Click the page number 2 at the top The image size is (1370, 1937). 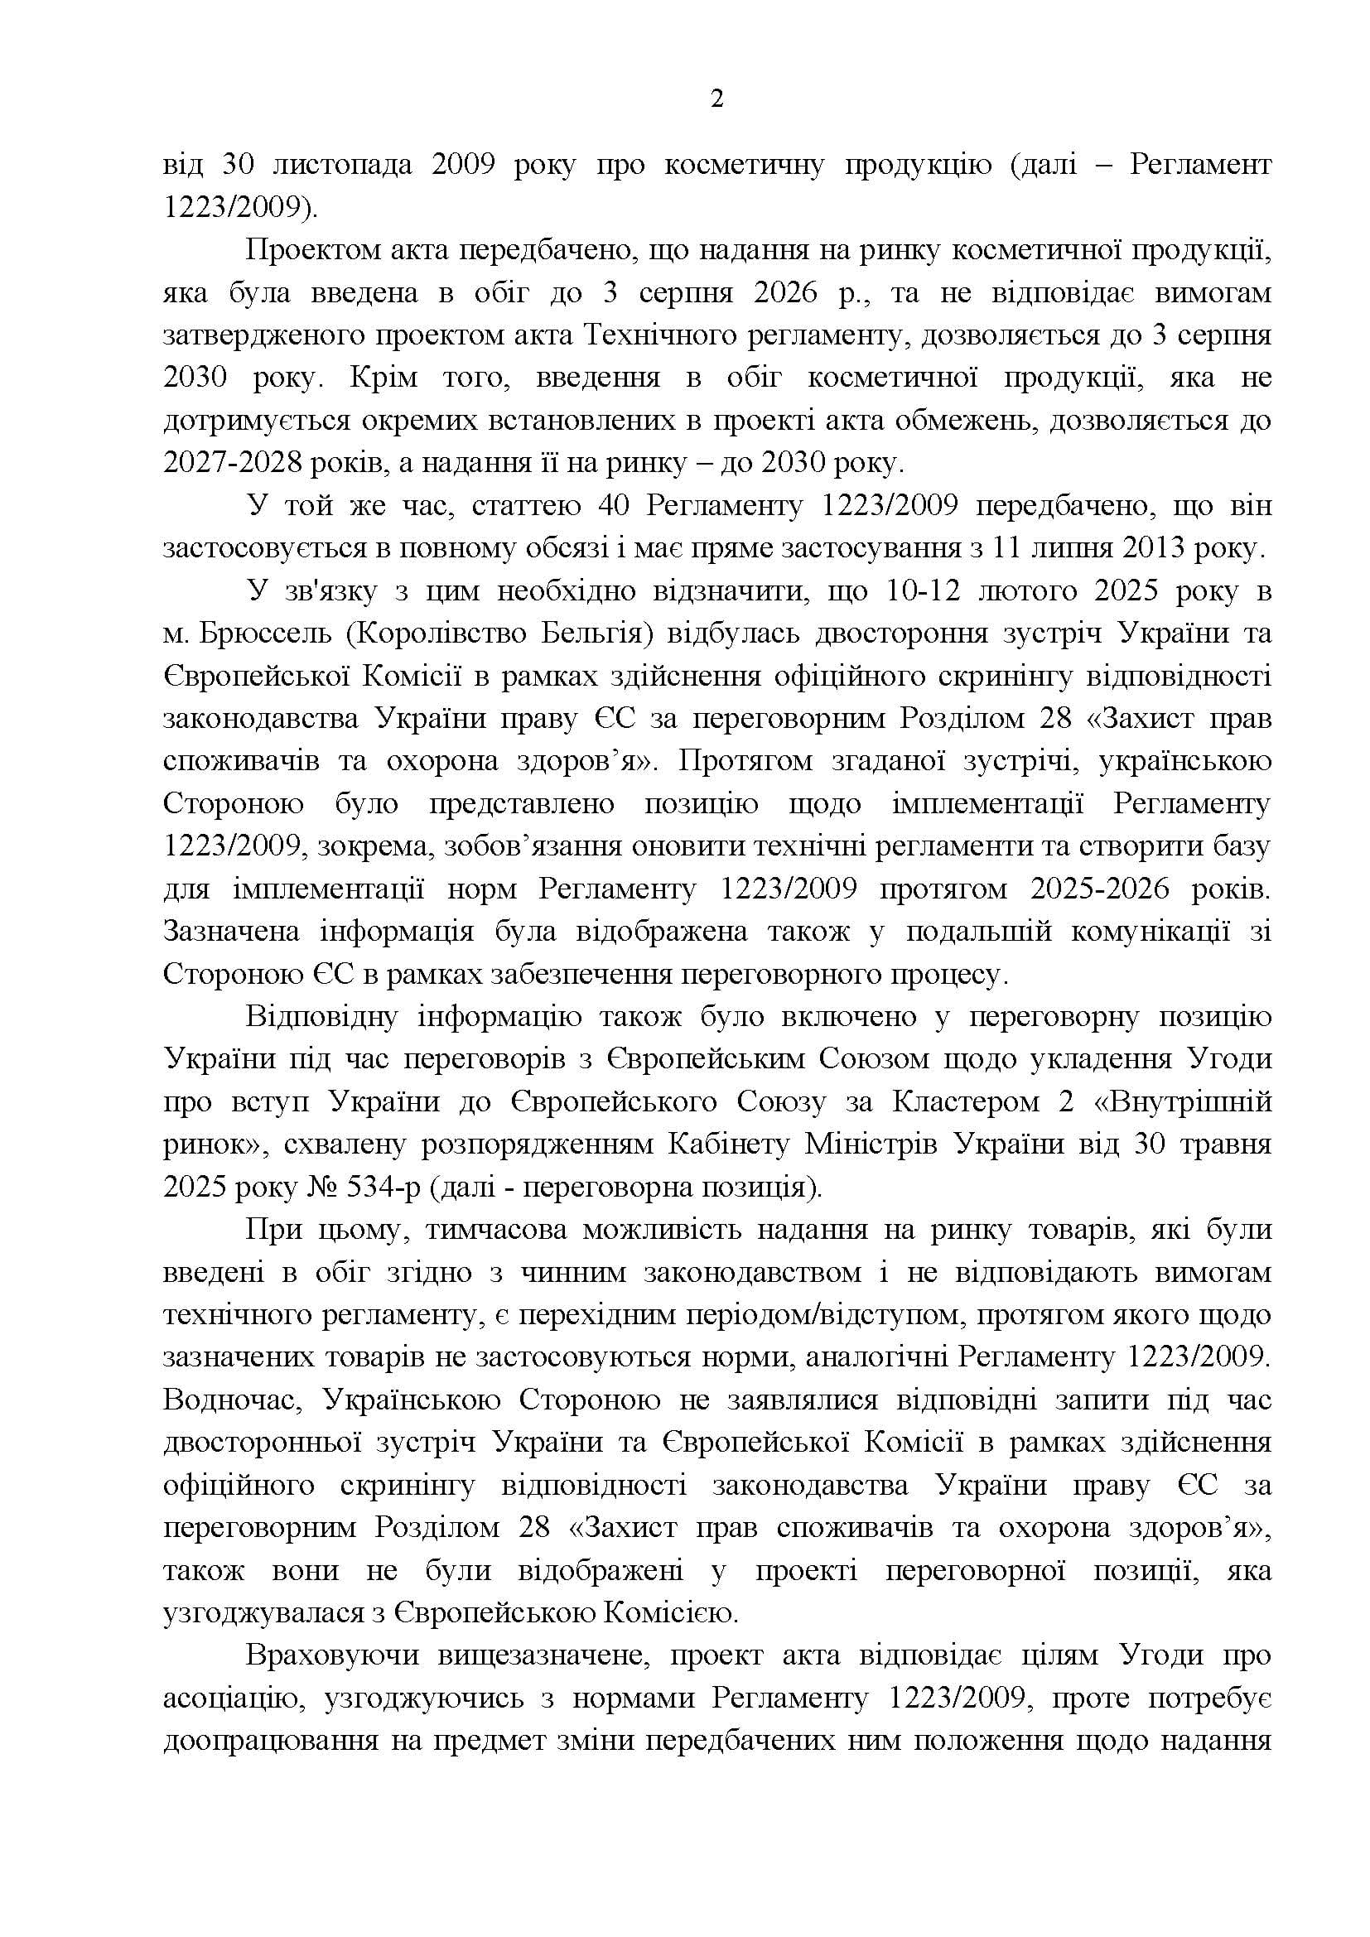pyautogui.click(x=716, y=99)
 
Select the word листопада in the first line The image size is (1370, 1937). pyautogui.click(x=337, y=165)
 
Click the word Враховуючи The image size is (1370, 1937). pyautogui.click(x=331, y=1655)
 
